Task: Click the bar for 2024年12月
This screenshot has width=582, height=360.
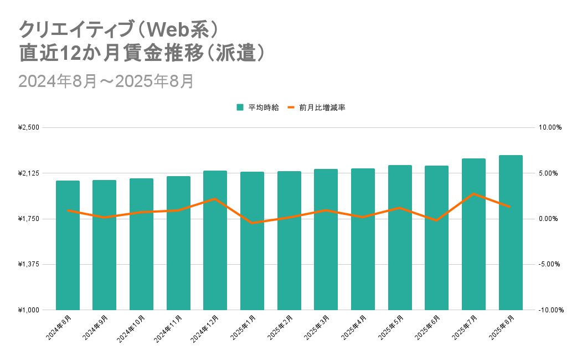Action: click(x=215, y=240)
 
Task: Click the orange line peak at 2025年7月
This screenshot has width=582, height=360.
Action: click(x=473, y=194)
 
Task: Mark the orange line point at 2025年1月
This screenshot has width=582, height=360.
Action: click(x=252, y=223)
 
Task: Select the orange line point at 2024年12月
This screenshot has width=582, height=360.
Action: click(x=215, y=199)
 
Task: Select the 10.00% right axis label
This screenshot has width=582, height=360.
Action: click(x=550, y=127)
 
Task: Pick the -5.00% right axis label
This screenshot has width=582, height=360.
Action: click(x=550, y=264)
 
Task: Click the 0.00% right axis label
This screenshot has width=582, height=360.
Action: click(x=550, y=219)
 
